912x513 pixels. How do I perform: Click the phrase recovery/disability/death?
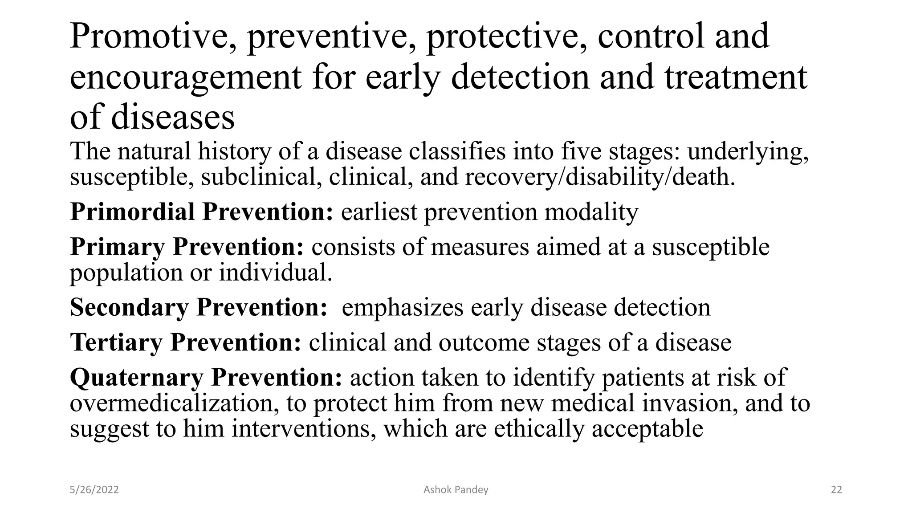(600, 177)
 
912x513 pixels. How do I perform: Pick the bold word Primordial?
(132, 212)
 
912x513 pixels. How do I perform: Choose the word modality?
(591, 212)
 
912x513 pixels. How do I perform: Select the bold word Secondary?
(129, 307)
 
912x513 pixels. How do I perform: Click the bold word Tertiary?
(116, 342)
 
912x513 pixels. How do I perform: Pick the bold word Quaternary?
(137, 378)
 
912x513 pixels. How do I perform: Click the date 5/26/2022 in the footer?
(94, 490)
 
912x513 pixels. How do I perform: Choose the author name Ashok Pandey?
(456, 490)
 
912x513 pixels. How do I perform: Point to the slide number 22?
(836, 490)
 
